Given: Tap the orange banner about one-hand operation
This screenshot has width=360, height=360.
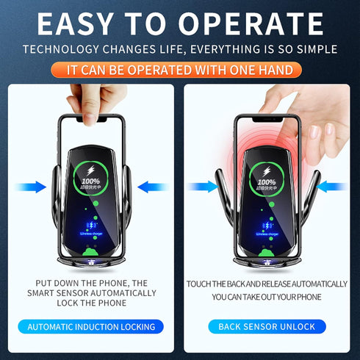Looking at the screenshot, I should pos(180,71).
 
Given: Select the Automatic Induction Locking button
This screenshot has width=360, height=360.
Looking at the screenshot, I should pos(90,326).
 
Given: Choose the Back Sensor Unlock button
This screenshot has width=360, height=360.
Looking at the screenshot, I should pos(267,326).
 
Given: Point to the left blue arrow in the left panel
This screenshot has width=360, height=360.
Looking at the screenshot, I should pos(29,187).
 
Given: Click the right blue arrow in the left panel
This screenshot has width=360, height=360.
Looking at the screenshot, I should pos(151,187).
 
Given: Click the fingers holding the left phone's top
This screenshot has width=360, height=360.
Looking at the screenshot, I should pos(96,103).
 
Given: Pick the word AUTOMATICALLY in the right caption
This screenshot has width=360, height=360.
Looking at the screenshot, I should pos(309,284).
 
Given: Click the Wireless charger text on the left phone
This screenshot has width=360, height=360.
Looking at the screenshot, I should pos(91,234).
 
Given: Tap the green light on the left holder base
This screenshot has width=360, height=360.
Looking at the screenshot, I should pos(91,255).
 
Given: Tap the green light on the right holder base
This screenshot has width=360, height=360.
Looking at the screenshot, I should pos(267,255).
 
